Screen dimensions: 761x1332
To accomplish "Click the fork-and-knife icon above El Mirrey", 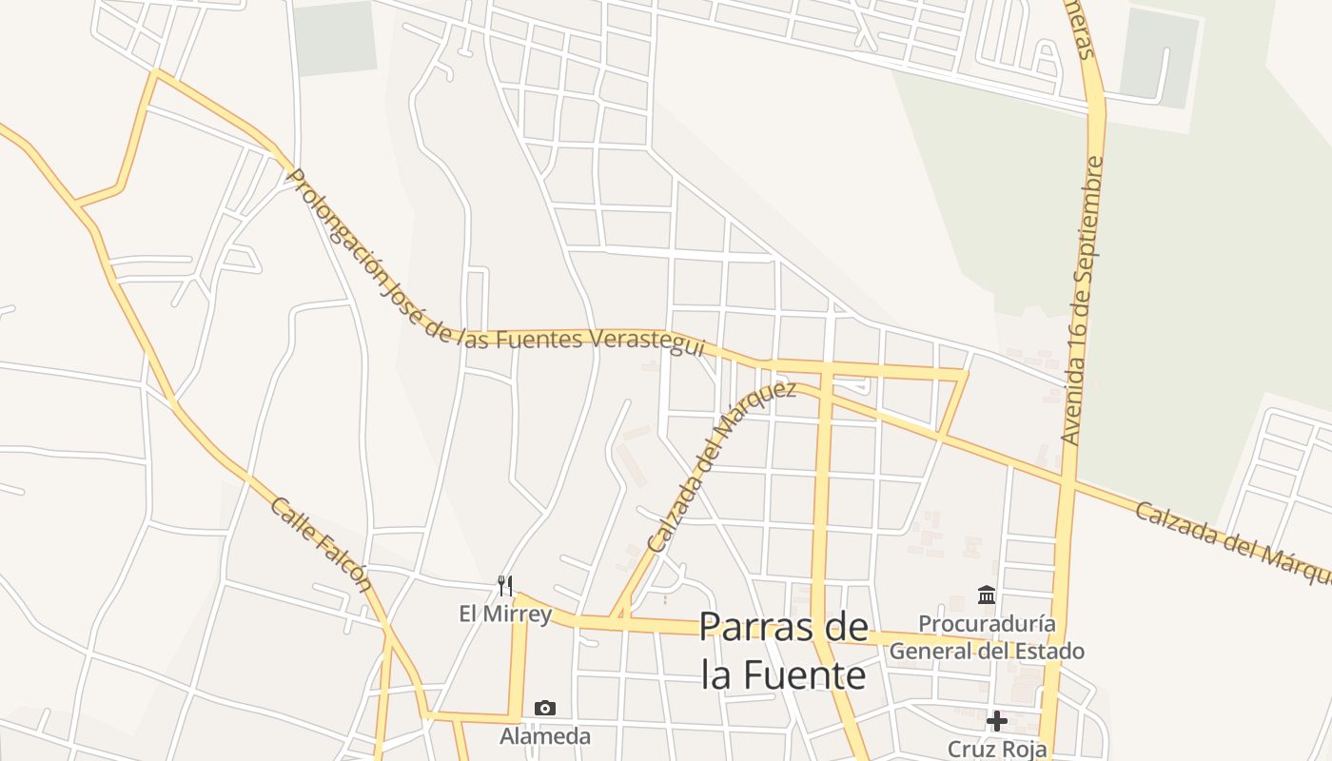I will [505, 585].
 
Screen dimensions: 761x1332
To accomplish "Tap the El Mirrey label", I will [505, 614].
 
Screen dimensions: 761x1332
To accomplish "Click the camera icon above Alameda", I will [545, 708].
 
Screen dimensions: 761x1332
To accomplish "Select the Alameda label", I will [545, 735].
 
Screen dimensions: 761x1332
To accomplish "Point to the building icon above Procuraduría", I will [987, 595].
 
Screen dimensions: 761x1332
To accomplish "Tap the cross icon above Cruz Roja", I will [997, 721].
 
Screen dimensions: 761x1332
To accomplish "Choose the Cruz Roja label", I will [997, 749].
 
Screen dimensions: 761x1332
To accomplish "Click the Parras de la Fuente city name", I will [784, 651].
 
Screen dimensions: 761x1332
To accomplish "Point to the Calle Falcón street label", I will [321, 544].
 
